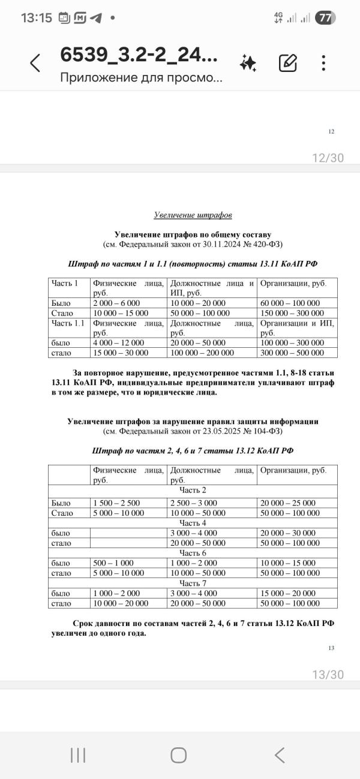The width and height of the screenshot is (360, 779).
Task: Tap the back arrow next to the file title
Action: [x=35, y=62]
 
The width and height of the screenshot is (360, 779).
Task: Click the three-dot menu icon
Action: [x=323, y=62]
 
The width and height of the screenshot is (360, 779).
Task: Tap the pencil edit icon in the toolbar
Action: [x=287, y=62]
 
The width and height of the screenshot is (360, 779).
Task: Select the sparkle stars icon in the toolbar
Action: [x=248, y=62]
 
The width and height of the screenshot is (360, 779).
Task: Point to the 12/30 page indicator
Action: [x=328, y=158]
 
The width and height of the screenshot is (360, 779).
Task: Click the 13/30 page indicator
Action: [x=328, y=675]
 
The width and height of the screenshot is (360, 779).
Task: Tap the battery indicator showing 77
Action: [x=325, y=18]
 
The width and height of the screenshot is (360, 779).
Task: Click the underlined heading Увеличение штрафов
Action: [x=193, y=215]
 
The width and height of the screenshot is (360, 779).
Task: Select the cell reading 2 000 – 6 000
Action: [x=116, y=303]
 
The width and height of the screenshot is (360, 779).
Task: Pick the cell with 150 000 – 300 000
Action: [x=292, y=312]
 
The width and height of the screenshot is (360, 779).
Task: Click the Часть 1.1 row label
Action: [x=67, y=323]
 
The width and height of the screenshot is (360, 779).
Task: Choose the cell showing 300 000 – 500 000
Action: [x=292, y=352]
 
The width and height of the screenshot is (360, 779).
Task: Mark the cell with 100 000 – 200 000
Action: [x=202, y=352]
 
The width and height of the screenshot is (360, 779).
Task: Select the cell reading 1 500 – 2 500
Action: [x=116, y=503]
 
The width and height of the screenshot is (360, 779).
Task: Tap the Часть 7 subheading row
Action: [x=193, y=582]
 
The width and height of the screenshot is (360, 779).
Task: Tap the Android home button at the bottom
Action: [x=178, y=755]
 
